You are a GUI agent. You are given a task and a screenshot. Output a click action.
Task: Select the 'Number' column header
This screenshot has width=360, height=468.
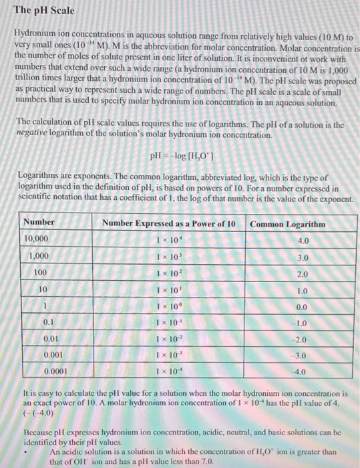coord(39,223)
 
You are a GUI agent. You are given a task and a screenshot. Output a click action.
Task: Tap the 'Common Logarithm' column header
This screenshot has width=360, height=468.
coord(287,224)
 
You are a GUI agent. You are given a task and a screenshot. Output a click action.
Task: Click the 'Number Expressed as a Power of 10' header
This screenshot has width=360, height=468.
coord(168,223)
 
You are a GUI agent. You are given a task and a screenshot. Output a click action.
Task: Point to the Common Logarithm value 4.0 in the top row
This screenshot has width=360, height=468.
coord(302,241)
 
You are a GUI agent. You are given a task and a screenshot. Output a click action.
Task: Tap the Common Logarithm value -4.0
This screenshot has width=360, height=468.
coord(301,371)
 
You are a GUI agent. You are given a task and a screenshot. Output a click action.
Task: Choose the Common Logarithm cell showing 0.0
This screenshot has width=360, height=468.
coord(301,306)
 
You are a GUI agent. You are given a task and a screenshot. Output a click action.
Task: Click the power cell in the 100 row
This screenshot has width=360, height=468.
coord(168,273)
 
